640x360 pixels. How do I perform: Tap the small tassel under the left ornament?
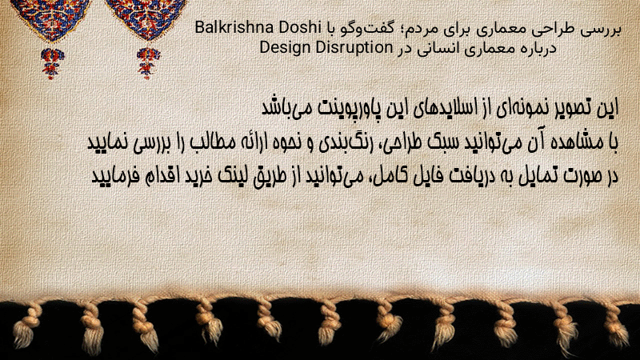pos(52,63)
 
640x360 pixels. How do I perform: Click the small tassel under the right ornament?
pos(148,63)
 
